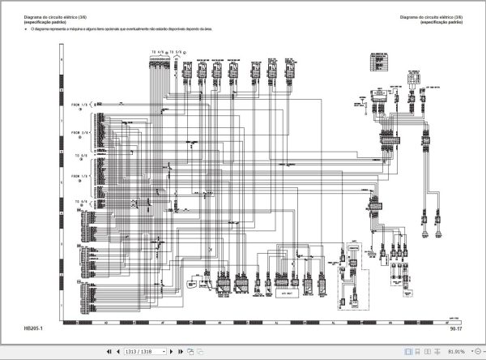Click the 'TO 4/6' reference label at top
coord(158,51)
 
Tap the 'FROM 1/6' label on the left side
coord(81,105)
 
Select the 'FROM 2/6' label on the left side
coord(81,131)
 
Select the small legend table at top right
coord(376,60)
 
